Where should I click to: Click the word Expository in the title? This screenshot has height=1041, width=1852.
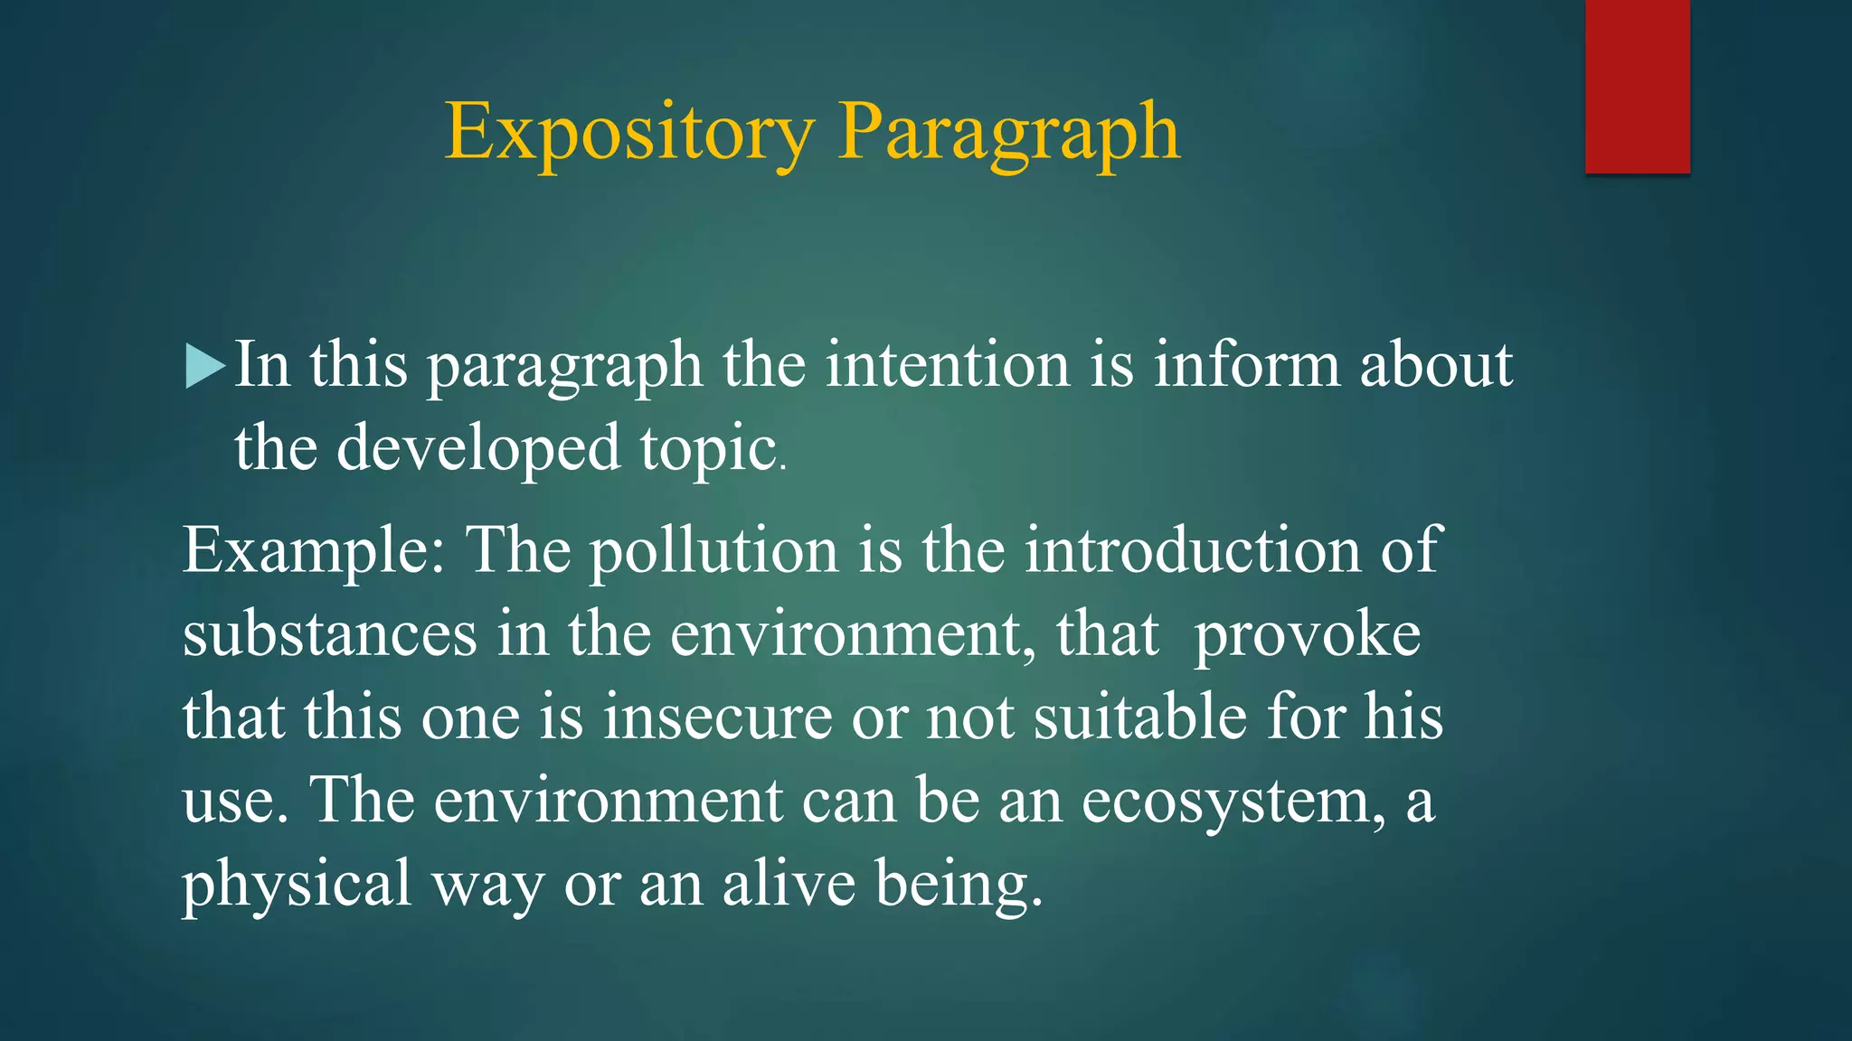point(629,133)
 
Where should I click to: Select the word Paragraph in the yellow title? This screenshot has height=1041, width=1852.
point(1008,133)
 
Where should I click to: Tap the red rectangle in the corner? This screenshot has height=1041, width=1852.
point(1637,86)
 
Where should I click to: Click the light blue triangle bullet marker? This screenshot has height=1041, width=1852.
point(204,366)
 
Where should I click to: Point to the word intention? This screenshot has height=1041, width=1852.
point(947,365)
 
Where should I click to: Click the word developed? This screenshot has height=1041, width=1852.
point(478,448)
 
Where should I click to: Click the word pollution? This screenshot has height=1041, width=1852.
point(714,549)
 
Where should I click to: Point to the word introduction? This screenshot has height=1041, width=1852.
point(1192,549)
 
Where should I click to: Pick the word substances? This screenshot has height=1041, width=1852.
point(329,633)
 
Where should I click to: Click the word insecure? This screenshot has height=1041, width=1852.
point(717,717)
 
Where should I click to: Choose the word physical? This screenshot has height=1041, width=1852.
point(297,884)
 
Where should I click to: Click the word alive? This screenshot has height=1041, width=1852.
point(789,884)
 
